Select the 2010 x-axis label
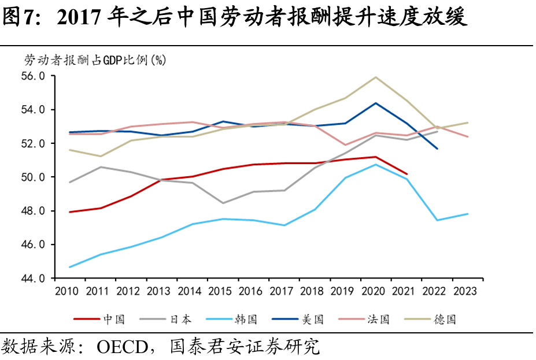(x=67, y=291)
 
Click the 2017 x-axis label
(x=283, y=291)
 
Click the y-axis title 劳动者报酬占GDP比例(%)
(x=95, y=60)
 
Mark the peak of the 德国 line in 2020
(x=376, y=77)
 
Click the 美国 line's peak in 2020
(x=376, y=103)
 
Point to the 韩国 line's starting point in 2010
(x=69, y=267)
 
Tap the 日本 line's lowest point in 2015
(x=223, y=203)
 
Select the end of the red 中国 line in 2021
(x=407, y=173)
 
